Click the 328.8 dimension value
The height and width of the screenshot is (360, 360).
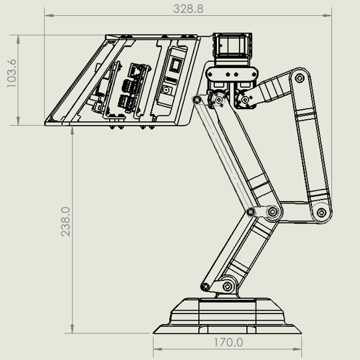[x=188, y=9]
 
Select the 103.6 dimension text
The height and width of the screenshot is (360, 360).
[x=11, y=81]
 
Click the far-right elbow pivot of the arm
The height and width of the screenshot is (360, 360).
[x=321, y=213]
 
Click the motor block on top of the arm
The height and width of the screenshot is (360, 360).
[x=230, y=47]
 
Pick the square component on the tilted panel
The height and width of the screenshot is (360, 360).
[x=176, y=65]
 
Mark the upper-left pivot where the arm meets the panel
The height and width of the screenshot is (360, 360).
[x=197, y=99]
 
